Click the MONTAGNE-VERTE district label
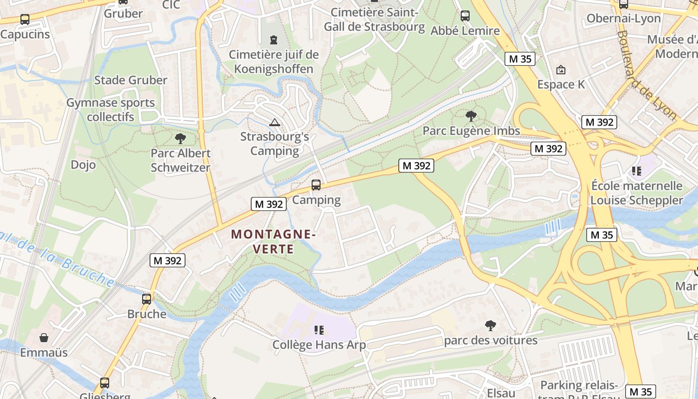[x=273, y=241]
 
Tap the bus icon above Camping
[x=316, y=185]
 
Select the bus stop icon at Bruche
[x=147, y=299]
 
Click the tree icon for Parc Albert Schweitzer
[x=180, y=139]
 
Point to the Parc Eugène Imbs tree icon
[x=471, y=116]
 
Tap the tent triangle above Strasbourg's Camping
[x=274, y=122]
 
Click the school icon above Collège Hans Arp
[x=319, y=330]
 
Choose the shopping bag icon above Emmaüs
[x=44, y=338]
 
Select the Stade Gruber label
[x=131, y=80]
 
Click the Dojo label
[x=83, y=165]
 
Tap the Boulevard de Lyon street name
[x=646, y=75]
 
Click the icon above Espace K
[x=561, y=70]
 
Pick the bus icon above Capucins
[x=24, y=19]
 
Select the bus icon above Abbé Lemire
[x=465, y=16]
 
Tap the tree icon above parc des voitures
[x=491, y=326]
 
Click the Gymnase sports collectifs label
[x=111, y=110]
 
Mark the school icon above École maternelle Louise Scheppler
[x=637, y=171]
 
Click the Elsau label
[x=501, y=393]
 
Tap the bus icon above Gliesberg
[x=105, y=383]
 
